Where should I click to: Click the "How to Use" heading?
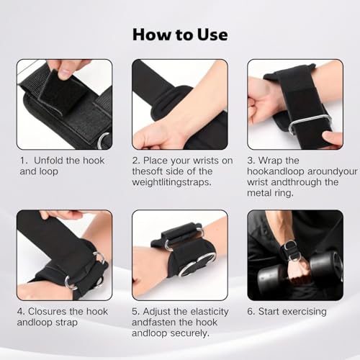(x=180, y=35)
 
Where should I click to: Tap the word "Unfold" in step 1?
(x=48, y=161)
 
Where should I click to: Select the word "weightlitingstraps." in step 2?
(x=172, y=182)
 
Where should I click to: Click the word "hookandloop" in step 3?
(x=276, y=171)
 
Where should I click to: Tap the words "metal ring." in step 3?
(x=270, y=193)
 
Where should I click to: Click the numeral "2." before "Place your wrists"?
(x=136, y=161)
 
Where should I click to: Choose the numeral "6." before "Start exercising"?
(x=251, y=312)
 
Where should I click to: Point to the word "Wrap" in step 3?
(x=269, y=161)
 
